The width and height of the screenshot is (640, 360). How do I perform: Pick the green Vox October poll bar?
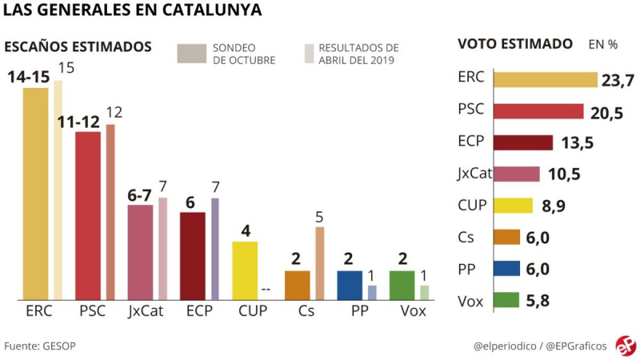(402, 285)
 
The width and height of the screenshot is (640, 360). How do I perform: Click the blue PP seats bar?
(349, 285)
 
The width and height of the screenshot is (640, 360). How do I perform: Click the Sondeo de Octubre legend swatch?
(191, 53)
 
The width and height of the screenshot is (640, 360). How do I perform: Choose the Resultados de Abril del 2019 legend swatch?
(309, 53)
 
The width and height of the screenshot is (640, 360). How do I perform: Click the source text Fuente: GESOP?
(40, 346)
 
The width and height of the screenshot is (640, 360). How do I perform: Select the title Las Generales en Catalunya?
(132, 11)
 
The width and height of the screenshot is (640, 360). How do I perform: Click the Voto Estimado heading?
(514, 44)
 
